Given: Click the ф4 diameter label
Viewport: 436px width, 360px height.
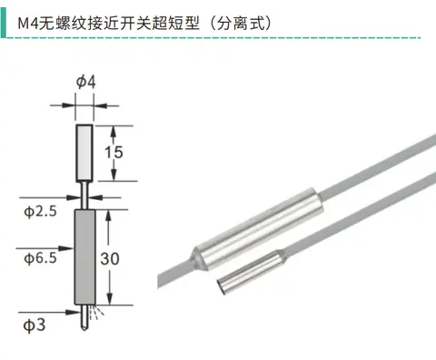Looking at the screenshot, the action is point(86,82).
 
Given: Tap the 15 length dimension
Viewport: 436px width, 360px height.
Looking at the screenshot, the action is point(114,152).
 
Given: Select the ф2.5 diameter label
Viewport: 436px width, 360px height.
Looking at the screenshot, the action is point(40,211).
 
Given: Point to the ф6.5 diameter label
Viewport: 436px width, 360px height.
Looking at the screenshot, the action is point(40,258).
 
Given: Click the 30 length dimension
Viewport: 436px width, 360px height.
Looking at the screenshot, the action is point(110,259).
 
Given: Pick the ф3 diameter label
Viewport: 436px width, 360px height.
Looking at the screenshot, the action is point(35,325).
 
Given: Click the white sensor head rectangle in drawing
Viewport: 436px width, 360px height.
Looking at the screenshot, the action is point(84,153).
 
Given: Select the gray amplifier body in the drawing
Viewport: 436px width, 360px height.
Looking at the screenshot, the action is point(85,257).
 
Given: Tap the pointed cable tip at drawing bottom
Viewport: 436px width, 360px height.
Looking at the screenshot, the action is point(84,328).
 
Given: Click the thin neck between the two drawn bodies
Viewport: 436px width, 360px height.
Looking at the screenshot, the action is point(84,195).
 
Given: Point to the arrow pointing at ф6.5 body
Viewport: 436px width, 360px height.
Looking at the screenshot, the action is point(45,248).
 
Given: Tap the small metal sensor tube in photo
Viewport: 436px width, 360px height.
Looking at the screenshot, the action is point(252,273).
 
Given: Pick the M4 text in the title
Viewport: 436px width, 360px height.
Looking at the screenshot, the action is point(28,24).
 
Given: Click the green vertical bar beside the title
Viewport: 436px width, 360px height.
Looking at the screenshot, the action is point(4,23).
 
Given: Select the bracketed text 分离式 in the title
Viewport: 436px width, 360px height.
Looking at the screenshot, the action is point(241,24).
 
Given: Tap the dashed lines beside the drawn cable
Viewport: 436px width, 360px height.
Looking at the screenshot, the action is point(96,312).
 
